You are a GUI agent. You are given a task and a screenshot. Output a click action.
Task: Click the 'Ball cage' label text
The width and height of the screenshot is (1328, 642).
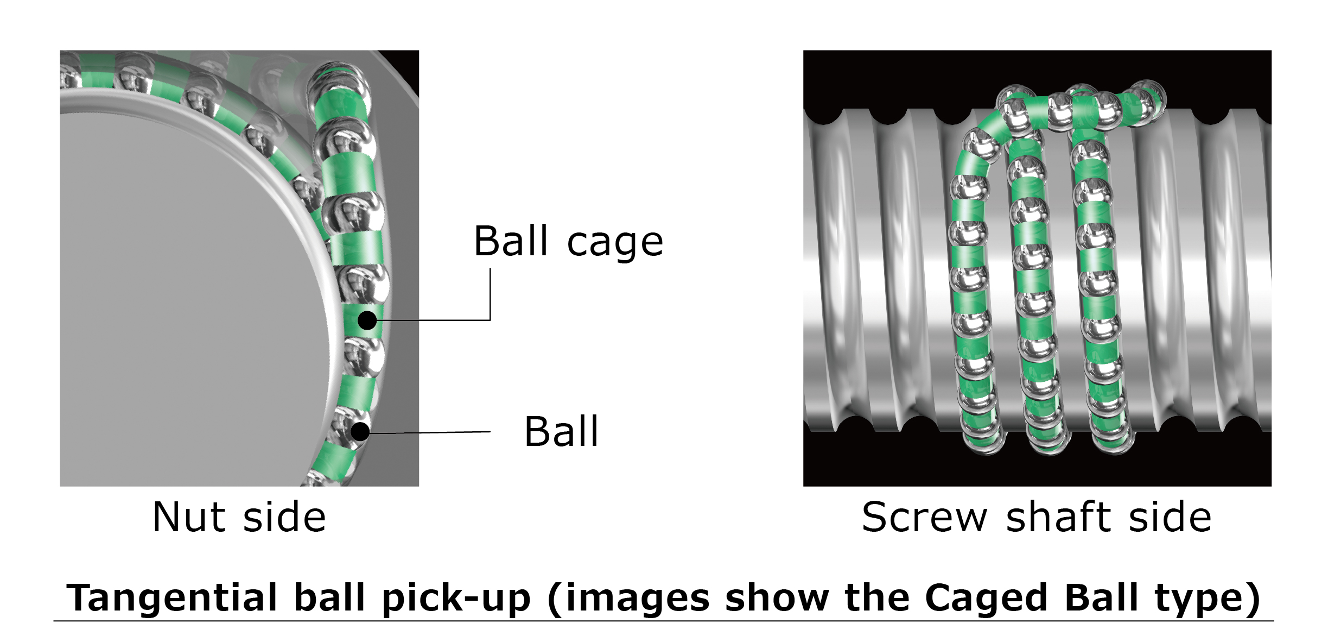pyautogui.click(x=568, y=241)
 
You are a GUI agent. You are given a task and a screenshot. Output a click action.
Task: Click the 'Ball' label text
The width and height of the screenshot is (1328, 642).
pyautogui.click(x=561, y=431)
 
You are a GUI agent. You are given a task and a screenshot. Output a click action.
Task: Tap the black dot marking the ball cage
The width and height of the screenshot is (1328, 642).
pyautogui.click(x=367, y=320)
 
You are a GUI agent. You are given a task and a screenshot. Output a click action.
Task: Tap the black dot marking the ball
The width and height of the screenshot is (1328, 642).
pyautogui.click(x=360, y=432)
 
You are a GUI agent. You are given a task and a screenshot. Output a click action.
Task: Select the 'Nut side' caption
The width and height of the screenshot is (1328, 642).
pyautogui.click(x=239, y=517)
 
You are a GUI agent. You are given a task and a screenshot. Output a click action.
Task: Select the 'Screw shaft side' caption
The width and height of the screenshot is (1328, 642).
pyautogui.click(x=1037, y=517)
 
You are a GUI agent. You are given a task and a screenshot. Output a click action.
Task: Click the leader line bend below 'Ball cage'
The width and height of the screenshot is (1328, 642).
pyautogui.click(x=490, y=320)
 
